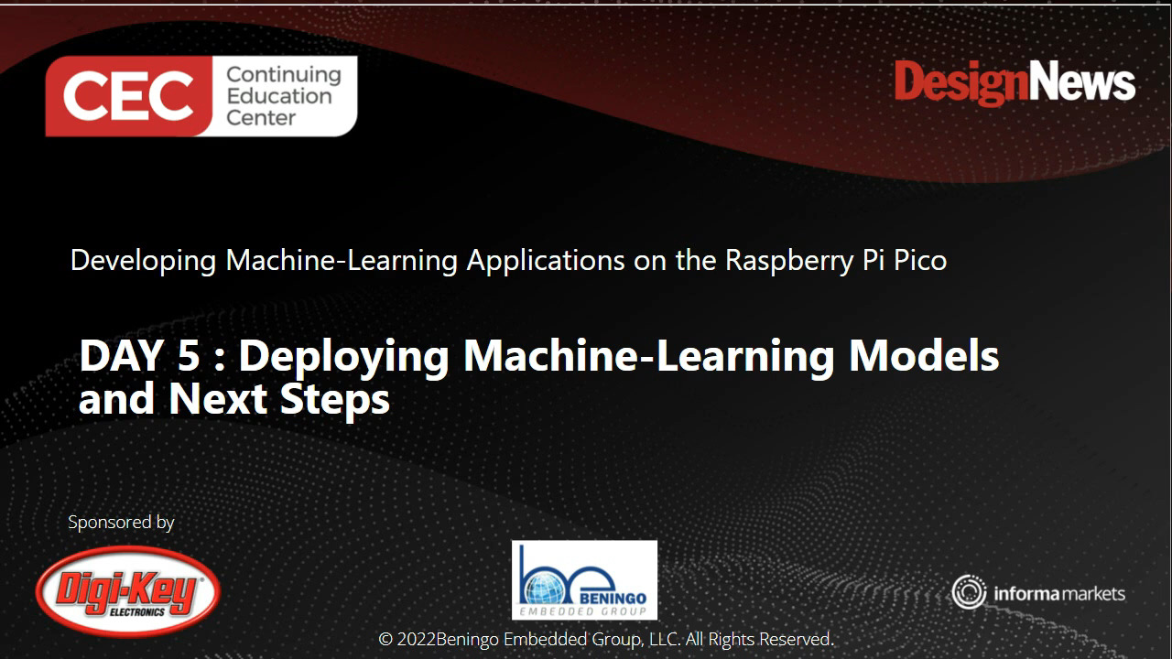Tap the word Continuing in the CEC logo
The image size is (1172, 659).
[x=283, y=74]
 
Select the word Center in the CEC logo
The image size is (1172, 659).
[x=261, y=118]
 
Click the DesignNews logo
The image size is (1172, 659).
[x=1015, y=83]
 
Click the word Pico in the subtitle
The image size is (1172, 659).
[x=917, y=260]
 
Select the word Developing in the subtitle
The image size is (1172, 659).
[x=144, y=261]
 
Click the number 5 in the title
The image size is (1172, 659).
[x=187, y=355]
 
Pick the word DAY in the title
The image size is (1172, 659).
[x=119, y=355]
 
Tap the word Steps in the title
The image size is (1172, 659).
[x=334, y=400]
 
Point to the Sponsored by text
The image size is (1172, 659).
[x=121, y=522]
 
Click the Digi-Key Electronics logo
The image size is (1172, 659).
[x=128, y=591]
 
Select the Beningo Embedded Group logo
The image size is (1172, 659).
[x=584, y=579]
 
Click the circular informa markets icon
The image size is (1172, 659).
[x=968, y=592]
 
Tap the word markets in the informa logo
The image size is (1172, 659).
[x=1092, y=594]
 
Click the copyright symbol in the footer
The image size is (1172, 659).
[x=385, y=639]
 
